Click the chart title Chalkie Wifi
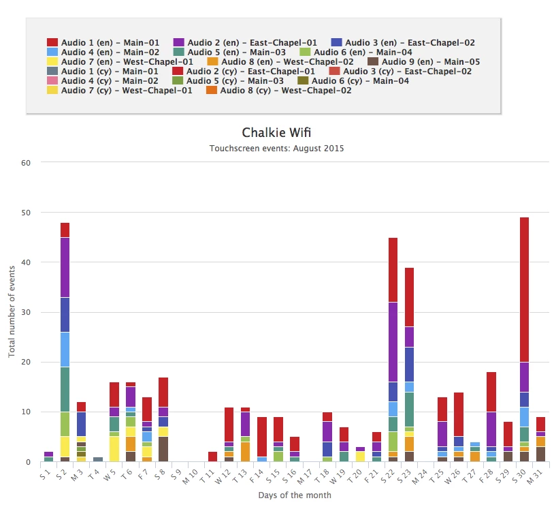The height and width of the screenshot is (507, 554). coord(276,132)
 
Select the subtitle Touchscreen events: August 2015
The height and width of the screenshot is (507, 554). coord(276,147)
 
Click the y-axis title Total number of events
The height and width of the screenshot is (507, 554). coord(12,311)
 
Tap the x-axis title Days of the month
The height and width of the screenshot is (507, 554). coord(295,495)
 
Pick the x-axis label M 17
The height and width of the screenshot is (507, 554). coord(306,474)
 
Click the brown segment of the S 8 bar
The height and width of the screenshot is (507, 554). coord(164,448)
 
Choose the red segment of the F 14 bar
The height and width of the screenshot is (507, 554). coord(262,437)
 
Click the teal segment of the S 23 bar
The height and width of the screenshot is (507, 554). coord(410,409)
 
